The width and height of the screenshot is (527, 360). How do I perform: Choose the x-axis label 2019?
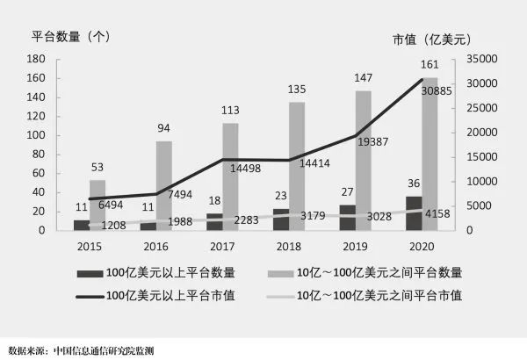click(x=351, y=247)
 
